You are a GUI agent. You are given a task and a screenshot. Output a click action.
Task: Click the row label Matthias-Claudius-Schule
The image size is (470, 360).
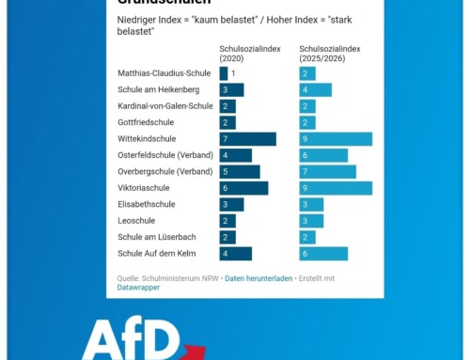[164, 73]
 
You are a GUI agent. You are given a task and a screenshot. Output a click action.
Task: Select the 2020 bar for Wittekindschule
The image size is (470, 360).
[247, 139]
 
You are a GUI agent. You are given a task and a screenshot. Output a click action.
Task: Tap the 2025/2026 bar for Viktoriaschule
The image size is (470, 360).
[335, 188]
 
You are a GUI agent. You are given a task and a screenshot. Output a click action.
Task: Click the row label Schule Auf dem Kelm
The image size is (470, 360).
[157, 254]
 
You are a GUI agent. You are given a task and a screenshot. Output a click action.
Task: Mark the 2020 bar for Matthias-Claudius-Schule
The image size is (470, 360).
[224, 73]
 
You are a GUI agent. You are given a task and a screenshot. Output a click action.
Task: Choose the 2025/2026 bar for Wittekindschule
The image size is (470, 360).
[335, 139]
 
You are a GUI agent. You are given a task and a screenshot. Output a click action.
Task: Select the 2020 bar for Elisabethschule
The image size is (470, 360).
[231, 204]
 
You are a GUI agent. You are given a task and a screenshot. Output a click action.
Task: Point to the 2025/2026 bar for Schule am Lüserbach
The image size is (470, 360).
[307, 237]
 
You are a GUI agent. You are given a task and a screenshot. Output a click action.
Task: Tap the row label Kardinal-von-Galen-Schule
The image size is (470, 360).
[165, 106]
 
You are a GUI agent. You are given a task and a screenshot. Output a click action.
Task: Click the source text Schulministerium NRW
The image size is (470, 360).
[177, 277]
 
